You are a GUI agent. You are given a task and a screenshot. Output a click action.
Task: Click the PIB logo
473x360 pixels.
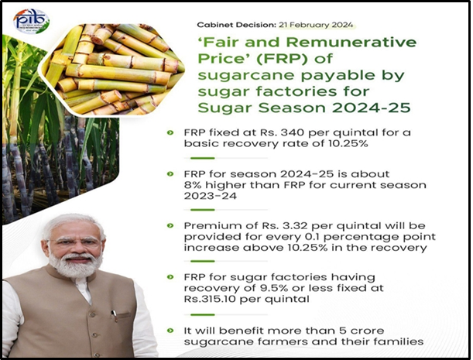pos(32,21)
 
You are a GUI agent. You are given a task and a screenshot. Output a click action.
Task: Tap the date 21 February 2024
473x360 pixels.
pos(316,25)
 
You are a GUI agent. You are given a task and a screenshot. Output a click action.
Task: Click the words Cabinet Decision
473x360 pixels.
pos(237,25)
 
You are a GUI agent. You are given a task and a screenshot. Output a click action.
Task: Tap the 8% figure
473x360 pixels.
pos(193,185)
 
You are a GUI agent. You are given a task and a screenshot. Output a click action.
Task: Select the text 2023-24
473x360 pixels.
pos(211,196)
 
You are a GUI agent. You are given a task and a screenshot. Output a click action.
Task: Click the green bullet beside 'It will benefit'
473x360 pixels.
pos(170,331)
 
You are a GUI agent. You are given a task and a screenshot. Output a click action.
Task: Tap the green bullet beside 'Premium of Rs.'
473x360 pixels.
pos(170,226)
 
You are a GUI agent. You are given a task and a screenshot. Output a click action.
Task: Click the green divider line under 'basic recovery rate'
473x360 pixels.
pos(202,158)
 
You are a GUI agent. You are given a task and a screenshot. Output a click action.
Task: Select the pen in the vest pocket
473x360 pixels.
pos(114,314)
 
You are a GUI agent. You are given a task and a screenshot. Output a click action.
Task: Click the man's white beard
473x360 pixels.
pos(75,265)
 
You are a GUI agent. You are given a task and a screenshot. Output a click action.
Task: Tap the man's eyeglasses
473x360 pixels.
pos(75,242)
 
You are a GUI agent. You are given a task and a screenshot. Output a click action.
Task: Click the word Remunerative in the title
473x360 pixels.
pos(351,42)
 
